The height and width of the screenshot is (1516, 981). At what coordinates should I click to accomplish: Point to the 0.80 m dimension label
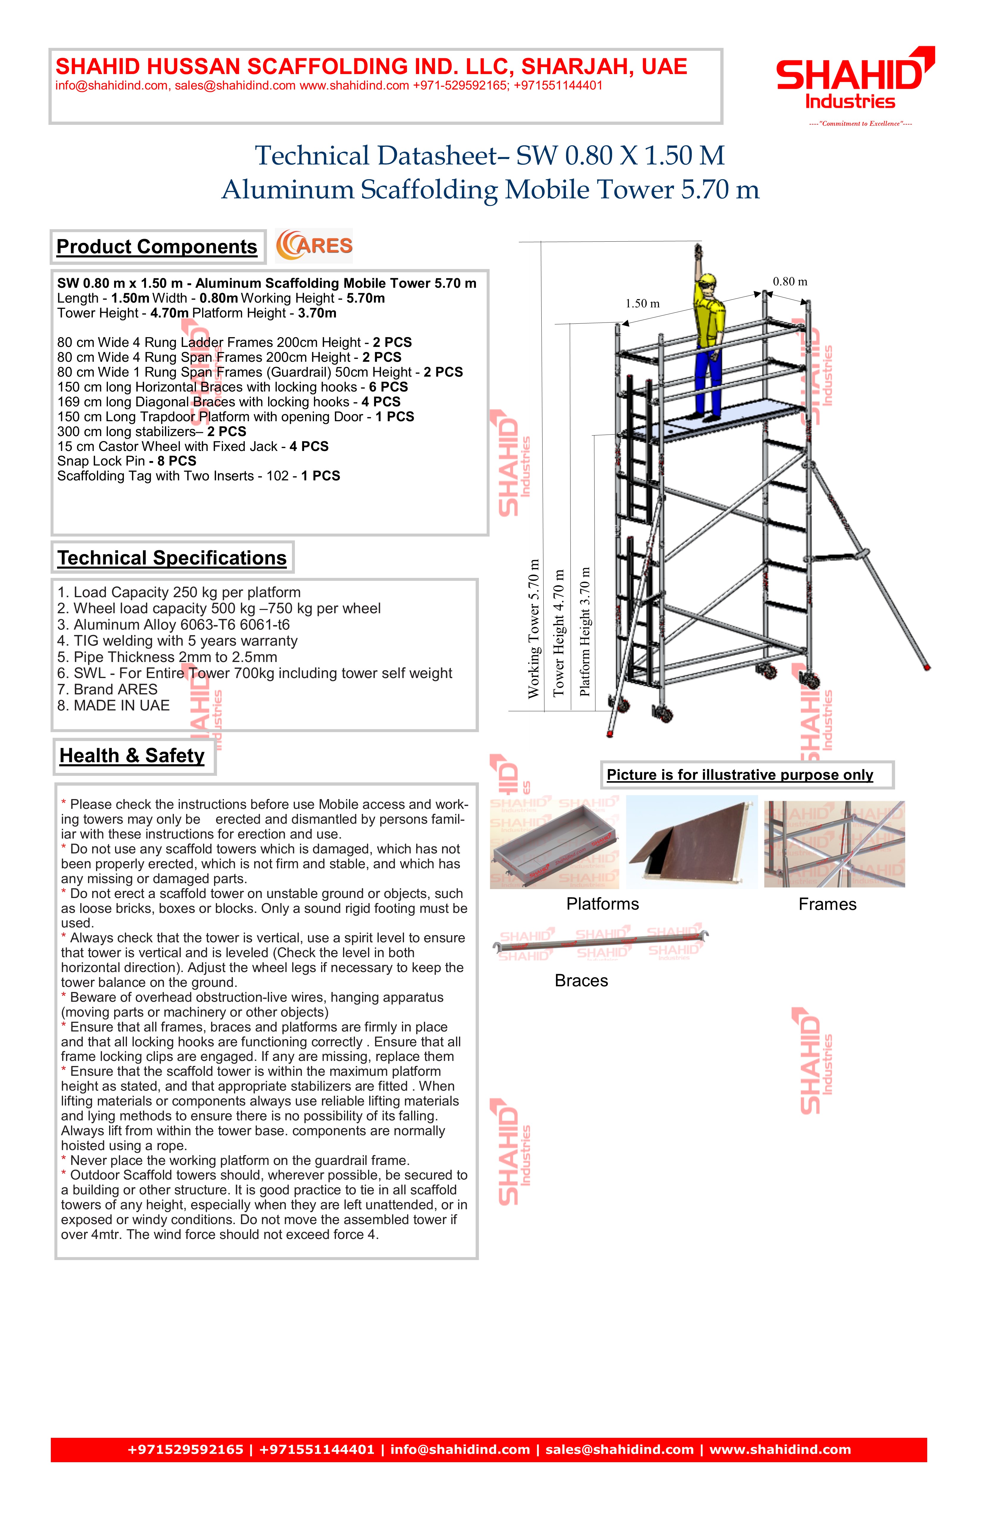[790, 282]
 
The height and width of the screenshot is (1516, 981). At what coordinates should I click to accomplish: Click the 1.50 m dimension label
[642, 304]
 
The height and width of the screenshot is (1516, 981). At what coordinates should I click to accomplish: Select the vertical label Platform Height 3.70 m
[585, 630]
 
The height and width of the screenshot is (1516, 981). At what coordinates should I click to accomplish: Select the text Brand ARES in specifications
[107, 689]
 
